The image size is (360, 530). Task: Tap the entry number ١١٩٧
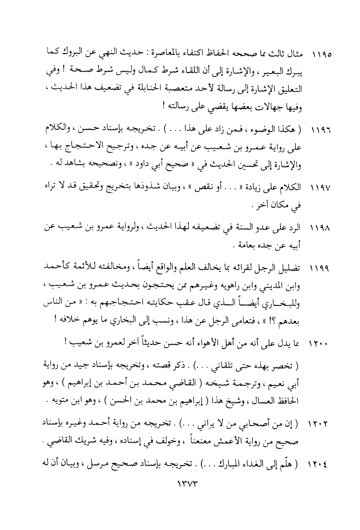pyautogui.click(x=321, y=188)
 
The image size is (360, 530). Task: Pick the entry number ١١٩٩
pyautogui.click(x=321, y=269)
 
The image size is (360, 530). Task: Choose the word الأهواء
pyautogui.click(x=227, y=343)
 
